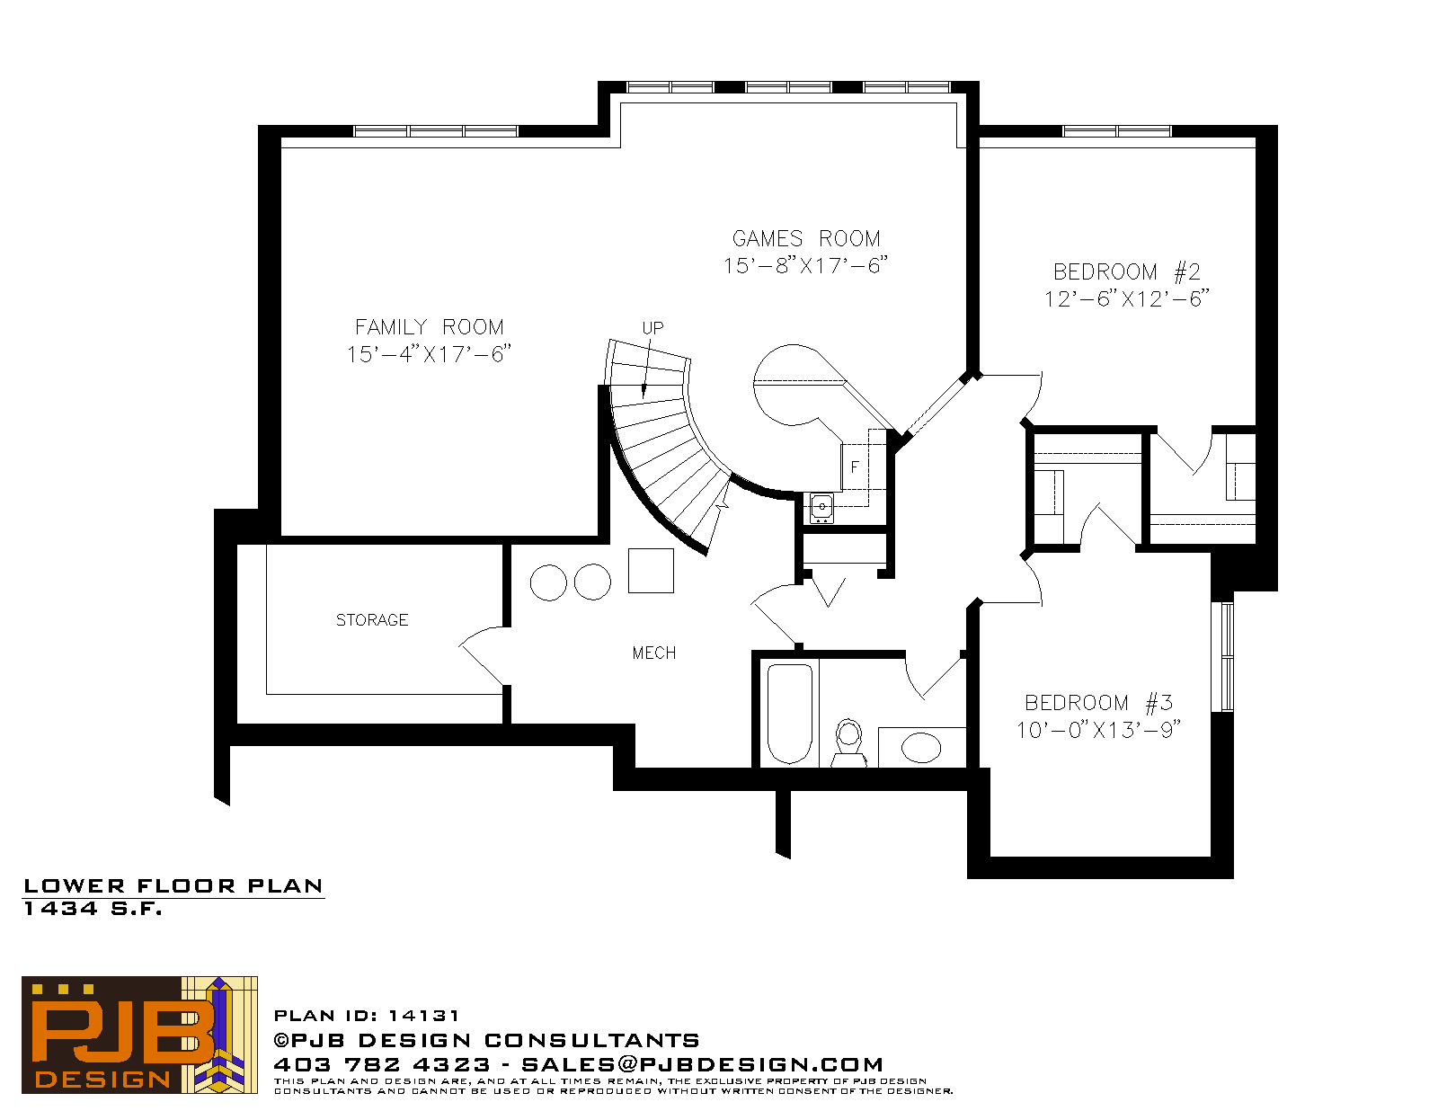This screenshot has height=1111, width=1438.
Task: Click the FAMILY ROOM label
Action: point(430,327)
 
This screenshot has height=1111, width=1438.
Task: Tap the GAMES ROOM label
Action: point(806,238)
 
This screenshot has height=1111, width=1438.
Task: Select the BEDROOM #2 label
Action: point(1126,272)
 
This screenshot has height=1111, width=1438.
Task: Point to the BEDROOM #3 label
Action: point(1098,703)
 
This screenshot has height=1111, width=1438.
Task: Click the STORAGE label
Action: point(372,620)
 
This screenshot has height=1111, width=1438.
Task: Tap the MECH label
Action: point(653,653)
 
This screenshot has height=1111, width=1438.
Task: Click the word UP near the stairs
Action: point(652,328)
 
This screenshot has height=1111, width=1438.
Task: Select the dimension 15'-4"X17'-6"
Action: point(430,355)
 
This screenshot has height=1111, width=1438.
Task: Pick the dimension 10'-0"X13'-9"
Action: point(1098,731)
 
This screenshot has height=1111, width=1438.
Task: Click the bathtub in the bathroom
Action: point(789,714)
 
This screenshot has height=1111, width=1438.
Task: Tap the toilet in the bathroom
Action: point(848,742)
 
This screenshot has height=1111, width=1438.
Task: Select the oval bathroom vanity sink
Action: point(921,749)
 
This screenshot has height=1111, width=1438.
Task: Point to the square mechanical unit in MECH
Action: point(651,571)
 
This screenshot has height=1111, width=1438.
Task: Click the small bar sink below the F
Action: point(821,508)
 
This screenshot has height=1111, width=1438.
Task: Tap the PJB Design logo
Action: point(139,1035)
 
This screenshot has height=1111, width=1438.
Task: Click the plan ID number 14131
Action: point(423,1016)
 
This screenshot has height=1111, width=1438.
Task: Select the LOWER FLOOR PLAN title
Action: point(173,886)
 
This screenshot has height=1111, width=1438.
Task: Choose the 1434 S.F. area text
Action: point(93,909)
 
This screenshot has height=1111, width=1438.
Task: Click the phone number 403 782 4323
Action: point(382,1064)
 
